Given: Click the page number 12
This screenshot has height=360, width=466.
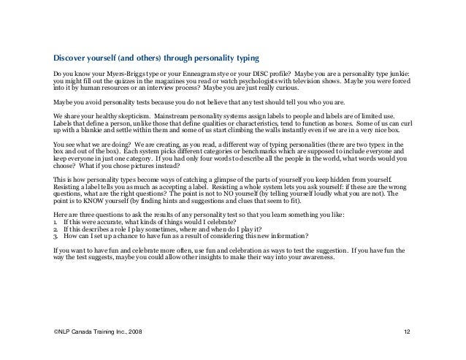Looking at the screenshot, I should tap(407, 332).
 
